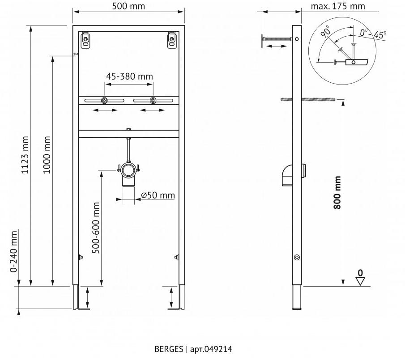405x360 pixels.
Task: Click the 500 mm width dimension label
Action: coord(128,6)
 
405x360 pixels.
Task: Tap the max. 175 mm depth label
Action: coord(337,6)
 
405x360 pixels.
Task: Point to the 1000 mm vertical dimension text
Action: coord(47,156)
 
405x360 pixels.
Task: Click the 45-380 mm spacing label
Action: coord(129,76)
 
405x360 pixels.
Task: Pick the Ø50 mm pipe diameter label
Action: coord(158,195)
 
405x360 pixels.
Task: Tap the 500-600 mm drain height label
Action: coord(96,228)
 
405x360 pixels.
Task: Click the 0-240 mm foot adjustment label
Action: coord(14,251)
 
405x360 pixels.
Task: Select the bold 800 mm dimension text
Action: coord(338,192)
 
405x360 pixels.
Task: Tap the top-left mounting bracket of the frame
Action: coord(85,40)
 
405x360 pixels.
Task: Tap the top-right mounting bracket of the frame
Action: coord(171,40)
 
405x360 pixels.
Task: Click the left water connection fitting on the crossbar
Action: coord(104,100)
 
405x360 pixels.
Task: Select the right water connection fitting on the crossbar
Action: coord(153,100)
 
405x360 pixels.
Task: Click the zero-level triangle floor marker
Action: coord(360,281)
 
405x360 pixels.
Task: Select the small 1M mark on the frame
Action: coord(75,55)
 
